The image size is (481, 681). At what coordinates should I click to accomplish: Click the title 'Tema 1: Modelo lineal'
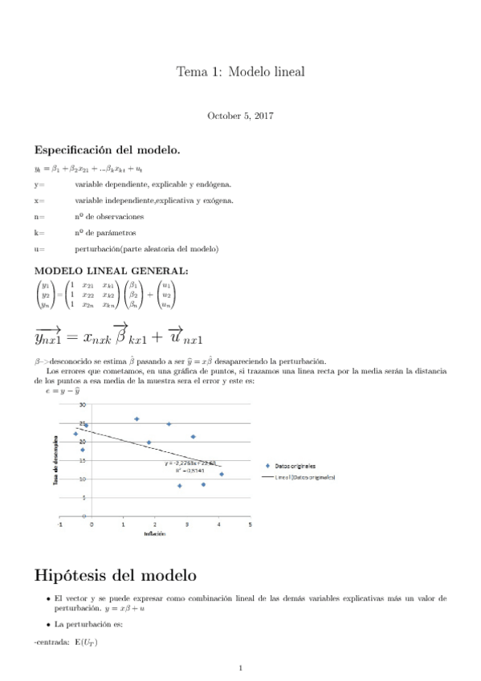point(240,72)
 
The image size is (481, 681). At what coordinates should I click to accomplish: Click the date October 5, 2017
point(240,116)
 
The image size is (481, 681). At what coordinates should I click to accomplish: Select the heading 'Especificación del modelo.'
point(107,150)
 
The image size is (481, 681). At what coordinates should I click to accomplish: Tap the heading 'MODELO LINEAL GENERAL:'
point(111,271)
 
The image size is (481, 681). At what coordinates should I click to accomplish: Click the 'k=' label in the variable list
point(39,233)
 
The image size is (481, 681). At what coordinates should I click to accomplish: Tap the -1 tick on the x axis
point(59,524)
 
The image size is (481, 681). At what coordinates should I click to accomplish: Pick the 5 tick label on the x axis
point(250,524)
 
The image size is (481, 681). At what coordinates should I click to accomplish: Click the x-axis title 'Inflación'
point(155,534)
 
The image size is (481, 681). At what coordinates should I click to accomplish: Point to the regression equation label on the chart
point(190,463)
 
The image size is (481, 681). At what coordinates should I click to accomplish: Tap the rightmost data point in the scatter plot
point(222,474)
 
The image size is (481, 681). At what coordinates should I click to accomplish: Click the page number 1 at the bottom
point(241,667)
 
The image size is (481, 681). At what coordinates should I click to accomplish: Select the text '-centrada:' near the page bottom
point(51,642)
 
